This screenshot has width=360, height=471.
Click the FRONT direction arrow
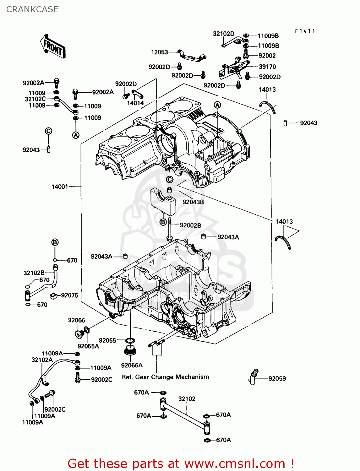point(53,47)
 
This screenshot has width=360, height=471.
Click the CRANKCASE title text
point(32,9)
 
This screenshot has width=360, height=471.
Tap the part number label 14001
point(60,187)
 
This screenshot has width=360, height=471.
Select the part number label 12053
point(160,52)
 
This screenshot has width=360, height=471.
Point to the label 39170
point(267,67)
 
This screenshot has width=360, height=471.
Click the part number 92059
point(277,379)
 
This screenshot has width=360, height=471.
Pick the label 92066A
point(132,365)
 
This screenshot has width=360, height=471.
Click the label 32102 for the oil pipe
point(187,399)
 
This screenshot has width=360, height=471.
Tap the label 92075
point(69,295)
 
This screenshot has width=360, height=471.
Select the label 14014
point(135,103)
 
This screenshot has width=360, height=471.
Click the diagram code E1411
point(305,31)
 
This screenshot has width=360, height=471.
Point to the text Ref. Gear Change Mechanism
point(165,377)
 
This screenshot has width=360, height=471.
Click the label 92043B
point(193,202)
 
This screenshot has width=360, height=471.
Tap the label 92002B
point(190,225)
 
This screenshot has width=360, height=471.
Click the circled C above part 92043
point(48,131)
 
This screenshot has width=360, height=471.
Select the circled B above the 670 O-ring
point(55,242)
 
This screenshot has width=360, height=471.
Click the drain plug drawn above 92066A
point(129,350)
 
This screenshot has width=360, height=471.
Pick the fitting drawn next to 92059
point(253,376)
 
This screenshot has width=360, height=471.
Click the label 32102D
point(223,34)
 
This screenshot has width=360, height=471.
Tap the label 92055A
point(88,346)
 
